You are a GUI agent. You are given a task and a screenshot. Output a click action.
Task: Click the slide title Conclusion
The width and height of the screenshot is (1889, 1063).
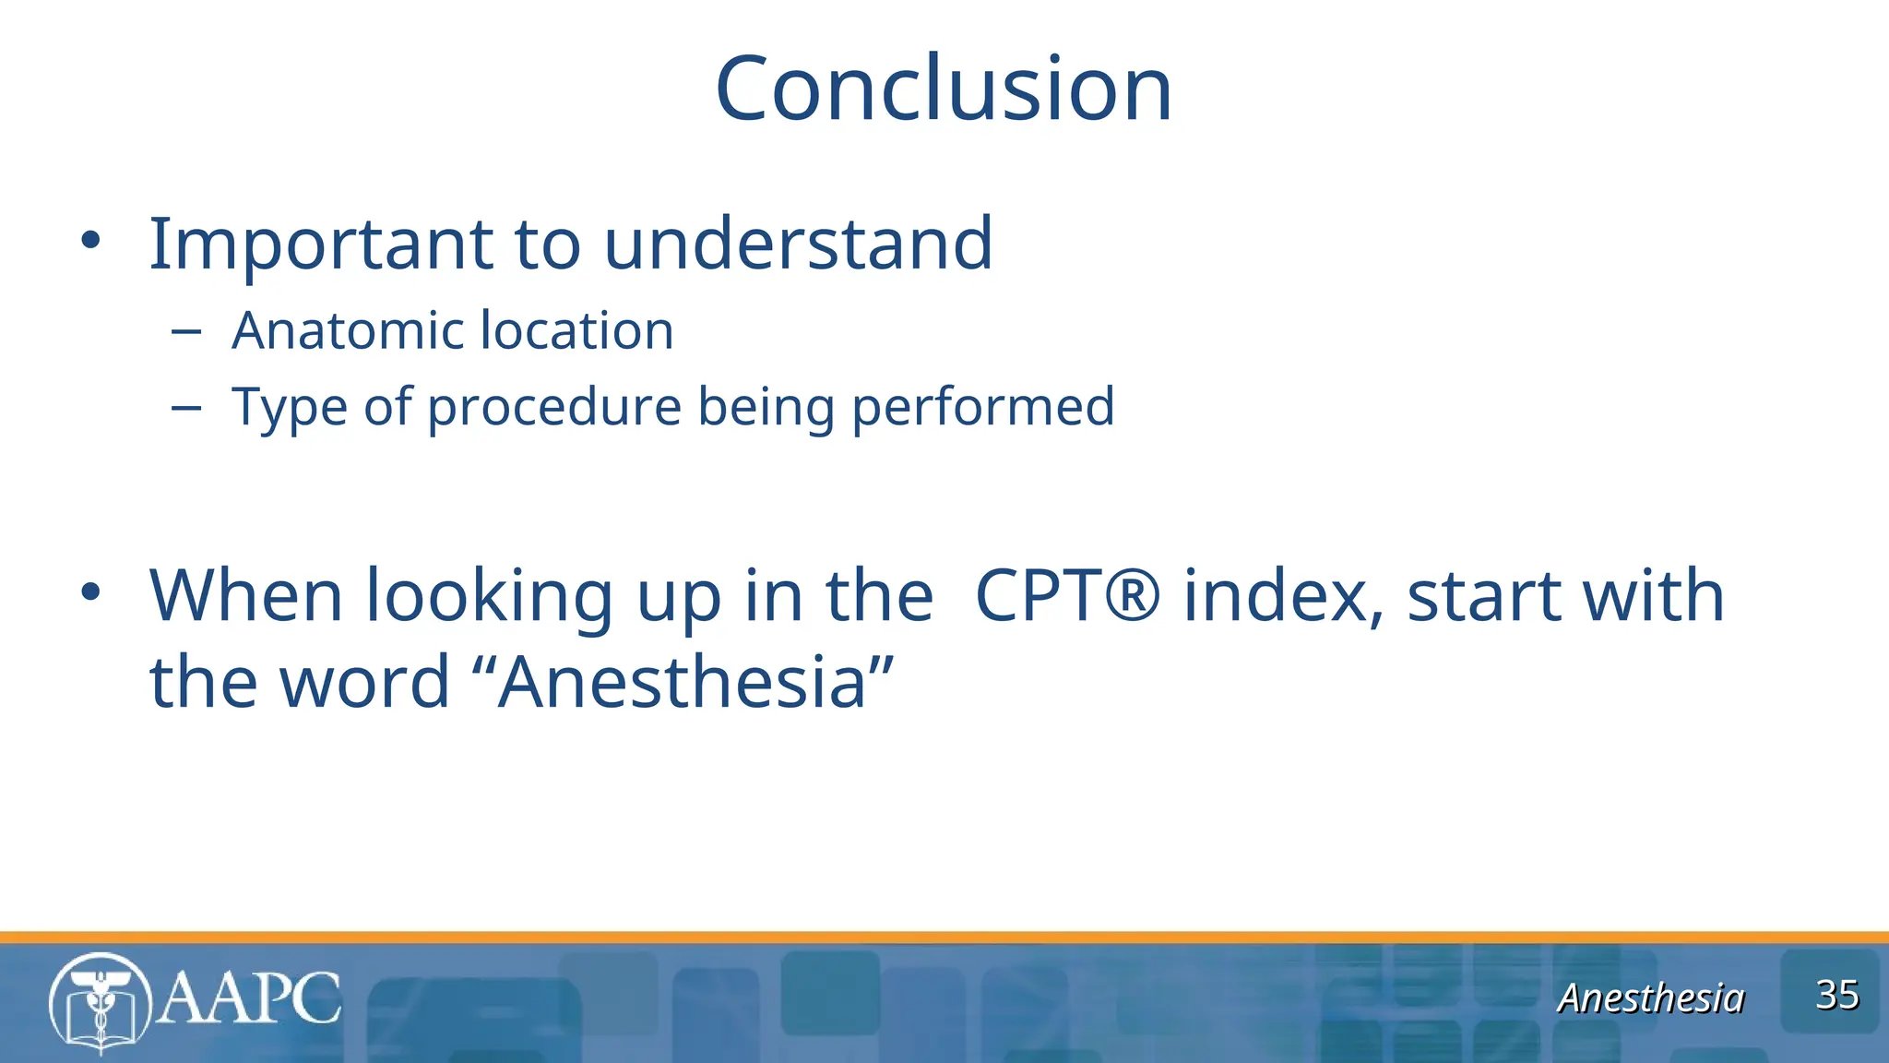click(x=943, y=89)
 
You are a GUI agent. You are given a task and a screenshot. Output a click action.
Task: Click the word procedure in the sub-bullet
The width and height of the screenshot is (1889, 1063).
click(x=553, y=408)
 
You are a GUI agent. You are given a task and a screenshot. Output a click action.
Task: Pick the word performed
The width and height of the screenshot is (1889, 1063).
click(x=982, y=406)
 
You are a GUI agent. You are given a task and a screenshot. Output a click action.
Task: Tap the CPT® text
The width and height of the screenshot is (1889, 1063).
click(x=1066, y=595)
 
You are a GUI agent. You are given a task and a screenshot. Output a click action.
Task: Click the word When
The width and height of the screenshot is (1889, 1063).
click(x=246, y=595)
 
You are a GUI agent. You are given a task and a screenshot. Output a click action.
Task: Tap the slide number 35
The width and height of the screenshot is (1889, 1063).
click(x=1836, y=995)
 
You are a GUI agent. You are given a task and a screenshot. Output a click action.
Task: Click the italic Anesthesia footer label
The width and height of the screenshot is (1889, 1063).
click(x=1650, y=997)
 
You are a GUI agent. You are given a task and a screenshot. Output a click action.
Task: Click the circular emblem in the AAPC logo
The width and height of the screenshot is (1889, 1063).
click(x=100, y=1003)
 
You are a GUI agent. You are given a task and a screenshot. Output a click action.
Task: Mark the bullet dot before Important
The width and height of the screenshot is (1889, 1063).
click(x=89, y=242)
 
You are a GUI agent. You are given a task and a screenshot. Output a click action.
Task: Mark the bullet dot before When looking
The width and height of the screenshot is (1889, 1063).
click(x=89, y=592)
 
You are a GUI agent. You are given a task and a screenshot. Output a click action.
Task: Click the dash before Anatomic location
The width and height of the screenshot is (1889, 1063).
click(x=186, y=331)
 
